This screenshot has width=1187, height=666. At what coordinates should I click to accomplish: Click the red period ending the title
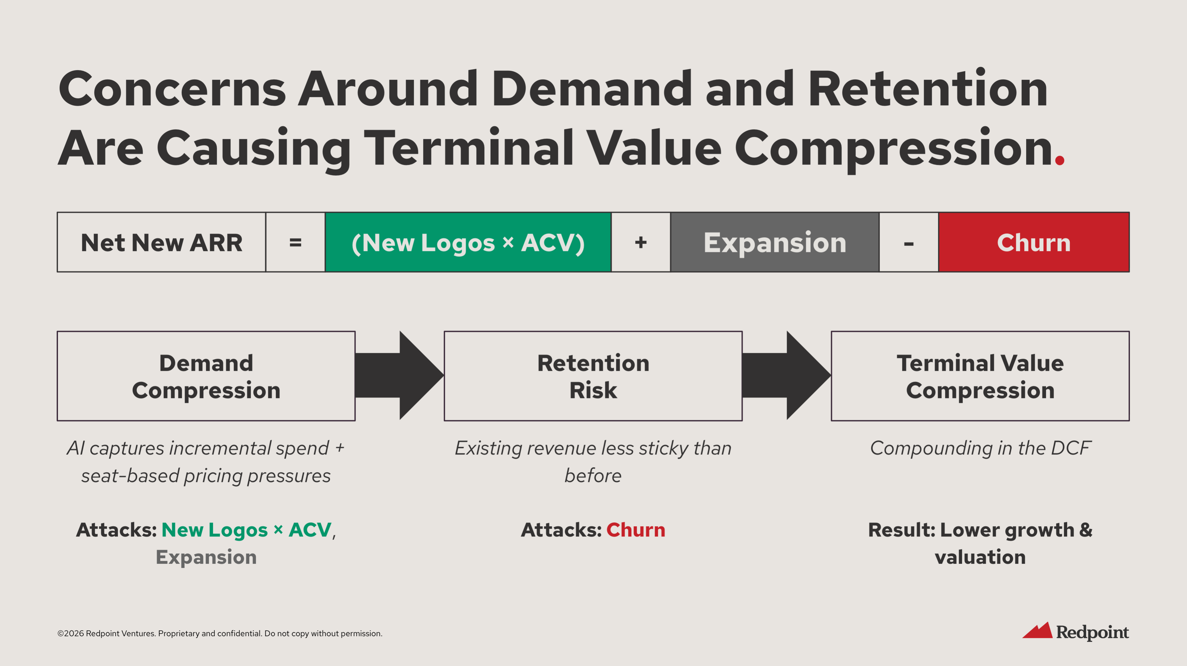click(x=1059, y=160)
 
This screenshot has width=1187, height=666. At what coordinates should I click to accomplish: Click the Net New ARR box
click(x=161, y=242)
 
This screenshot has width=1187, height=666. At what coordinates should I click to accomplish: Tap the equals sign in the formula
click(x=295, y=242)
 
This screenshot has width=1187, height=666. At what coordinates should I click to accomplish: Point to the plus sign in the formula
click(x=641, y=242)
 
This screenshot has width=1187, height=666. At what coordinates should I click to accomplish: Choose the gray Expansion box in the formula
click(x=775, y=242)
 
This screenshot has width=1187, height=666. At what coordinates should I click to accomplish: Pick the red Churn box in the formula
click(x=1033, y=242)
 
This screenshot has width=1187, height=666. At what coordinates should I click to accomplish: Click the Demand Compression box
click(x=206, y=376)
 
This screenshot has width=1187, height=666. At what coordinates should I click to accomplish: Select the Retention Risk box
click(x=593, y=376)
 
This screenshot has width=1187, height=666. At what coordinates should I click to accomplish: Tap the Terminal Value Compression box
click(x=980, y=376)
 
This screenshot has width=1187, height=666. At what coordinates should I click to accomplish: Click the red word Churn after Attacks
click(x=635, y=530)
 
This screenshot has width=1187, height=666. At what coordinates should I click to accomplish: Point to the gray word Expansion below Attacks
click(x=206, y=557)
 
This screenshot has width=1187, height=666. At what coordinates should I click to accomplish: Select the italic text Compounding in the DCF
click(x=980, y=448)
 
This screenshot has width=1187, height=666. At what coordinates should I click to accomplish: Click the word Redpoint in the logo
click(x=1092, y=632)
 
